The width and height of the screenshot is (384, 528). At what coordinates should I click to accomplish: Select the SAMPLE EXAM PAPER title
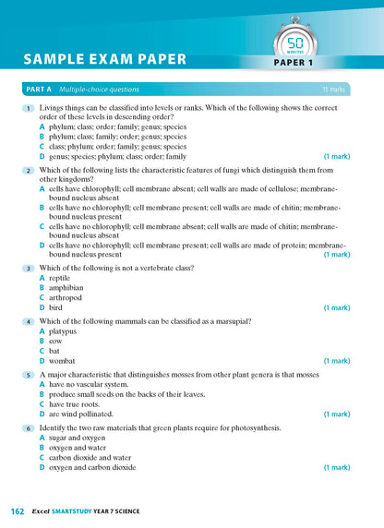[104, 59]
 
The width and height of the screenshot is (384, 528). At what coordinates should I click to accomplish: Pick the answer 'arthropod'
[66, 297]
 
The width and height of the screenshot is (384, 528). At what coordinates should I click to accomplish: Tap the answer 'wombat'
[64, 361]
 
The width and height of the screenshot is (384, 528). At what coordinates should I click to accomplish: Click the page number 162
[18, 510]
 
